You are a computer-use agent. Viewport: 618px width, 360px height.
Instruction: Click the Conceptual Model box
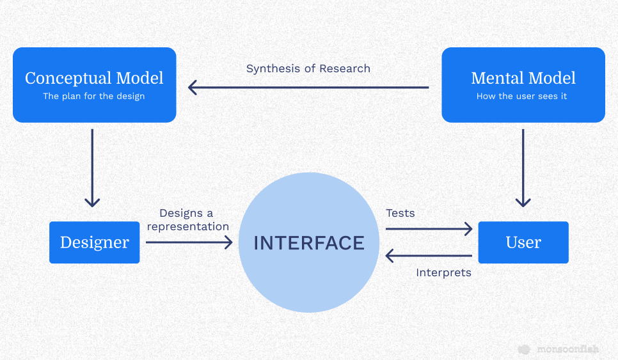pyautogui.click(x=95, y=85)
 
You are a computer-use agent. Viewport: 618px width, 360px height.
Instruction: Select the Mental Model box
pyautogui.click(x=523, y=85)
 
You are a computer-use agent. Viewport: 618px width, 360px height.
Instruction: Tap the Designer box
pyautogui.click(x=95, y=242)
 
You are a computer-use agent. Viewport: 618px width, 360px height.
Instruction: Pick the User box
pyautogui.click(x=523, y=242)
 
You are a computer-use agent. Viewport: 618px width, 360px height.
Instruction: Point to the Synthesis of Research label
pyautogui.click(x=308, y=68)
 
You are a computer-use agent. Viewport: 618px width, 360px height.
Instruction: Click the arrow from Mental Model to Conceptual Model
pyautogui.click(x=308, y=88)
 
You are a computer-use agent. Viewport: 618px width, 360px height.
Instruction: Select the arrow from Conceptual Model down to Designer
pyautogui.click(x=92, y=168)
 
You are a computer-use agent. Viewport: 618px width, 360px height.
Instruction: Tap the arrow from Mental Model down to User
pyautogui.click(x=523, y=168)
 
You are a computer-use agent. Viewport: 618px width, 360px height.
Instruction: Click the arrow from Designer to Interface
pyautogui.click(x=189, y=242)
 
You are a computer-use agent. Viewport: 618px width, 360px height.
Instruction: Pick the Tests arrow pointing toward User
pyautogui.click(x=429, y=229)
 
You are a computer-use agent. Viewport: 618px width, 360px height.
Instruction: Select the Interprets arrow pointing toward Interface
pyautogui.click(x=429, y=256)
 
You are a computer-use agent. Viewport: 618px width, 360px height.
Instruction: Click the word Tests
pyautogui.click(x=400, y=213)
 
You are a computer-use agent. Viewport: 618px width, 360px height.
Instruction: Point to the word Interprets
pyautogui.click(x=444, y=272)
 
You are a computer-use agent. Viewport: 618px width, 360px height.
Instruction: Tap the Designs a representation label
pyautogui.click(x=188, y=220)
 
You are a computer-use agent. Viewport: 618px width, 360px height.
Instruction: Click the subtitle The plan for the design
pyautogui.click(x=94, y=96)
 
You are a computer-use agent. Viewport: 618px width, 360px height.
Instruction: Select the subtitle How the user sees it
pyautogui.click(x=522, y=96)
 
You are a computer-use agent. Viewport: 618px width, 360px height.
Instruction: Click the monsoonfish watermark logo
pyautogui.click(x=559, y=349)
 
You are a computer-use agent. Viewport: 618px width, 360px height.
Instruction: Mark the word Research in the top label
pyautogui.click(x=345, y=68)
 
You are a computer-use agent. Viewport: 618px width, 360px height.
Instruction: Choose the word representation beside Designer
pyautogui.click(x=188, y=227)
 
